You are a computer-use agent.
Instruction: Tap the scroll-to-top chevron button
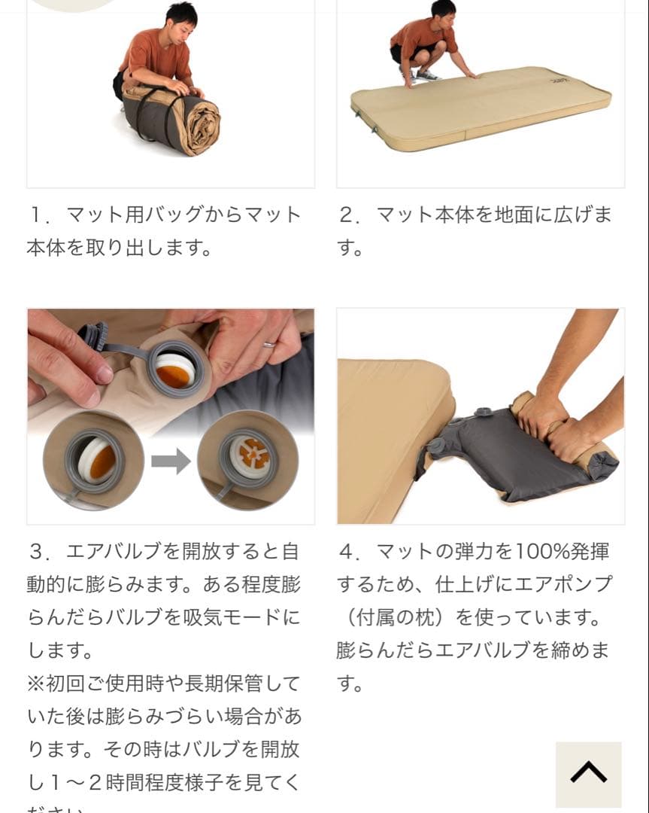(x=588, y=774)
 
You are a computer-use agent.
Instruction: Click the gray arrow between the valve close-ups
(x=171, y=461)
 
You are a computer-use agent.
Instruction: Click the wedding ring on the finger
(x=268, y=344)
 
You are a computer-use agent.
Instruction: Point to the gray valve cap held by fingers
(x=94, y=334)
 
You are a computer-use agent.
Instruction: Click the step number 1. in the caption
(x=38, y=215)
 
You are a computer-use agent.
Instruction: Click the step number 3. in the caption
(x=38, y=552)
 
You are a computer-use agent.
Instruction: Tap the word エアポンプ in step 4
(x=564, y=584)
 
